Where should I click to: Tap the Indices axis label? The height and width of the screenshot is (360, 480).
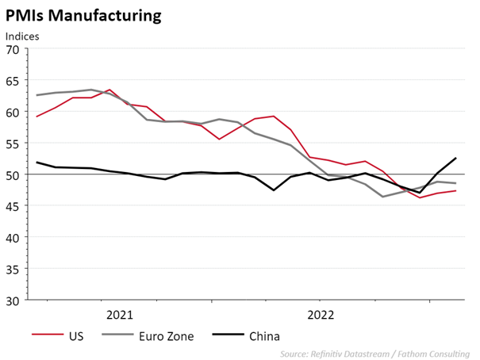click(x=22, y=36)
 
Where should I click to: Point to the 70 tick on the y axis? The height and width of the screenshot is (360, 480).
click(x=13, y=49)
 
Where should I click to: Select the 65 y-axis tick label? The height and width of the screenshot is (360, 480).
click(x=13, y=81)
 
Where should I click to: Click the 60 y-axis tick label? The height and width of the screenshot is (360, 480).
click(x=13, y=112)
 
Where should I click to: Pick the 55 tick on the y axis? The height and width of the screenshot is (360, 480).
click(x=13, y=144)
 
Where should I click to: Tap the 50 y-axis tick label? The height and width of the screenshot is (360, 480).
click(x=13, y=174)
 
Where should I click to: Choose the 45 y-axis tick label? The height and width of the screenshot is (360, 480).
click(x=13, y=206)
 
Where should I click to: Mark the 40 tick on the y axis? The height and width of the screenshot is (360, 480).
click(x=13, y=237)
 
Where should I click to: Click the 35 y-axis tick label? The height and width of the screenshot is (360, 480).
click(x=13, y=269)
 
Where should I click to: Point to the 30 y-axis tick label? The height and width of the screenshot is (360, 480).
click(x=13, y=300)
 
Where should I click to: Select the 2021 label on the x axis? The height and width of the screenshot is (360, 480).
click(x=119, y=315)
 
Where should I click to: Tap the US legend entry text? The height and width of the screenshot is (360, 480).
click(x=77, y=335)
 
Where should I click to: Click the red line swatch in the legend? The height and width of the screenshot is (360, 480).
click(x=47, y=335)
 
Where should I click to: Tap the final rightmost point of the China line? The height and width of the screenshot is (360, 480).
click(x=455, y=158)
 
